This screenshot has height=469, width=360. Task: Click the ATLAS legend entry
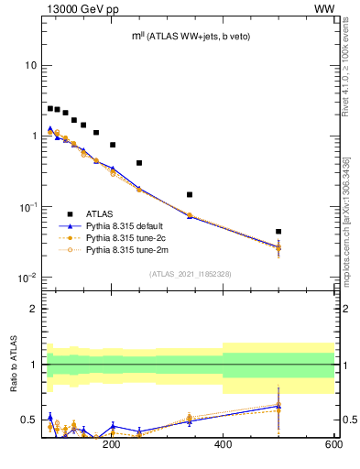pyautogui.click(x=100, y=212)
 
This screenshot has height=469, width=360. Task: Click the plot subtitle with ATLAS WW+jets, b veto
pyautogui.click(x=191, y=36)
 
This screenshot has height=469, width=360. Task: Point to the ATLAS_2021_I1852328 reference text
pyautogui.click(x=191, y=273)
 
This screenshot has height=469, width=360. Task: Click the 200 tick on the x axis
pyautogui.click(x=112, y=444)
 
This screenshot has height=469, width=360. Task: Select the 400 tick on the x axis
pyautogui.click(x=223, y=444)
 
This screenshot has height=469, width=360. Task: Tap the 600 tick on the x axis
pyautogui.click(x=333, y=444)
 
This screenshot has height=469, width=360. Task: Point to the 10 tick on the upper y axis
pyautogui.click(x=30, y=65)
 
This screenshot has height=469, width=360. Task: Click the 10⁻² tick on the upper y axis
pyautogui.click(x=27, y=278)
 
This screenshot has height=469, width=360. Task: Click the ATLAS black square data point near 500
pyautogui.click(x=278, y=232)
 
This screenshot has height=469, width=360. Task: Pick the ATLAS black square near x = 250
pyautogui.click(x=139, y=163)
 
